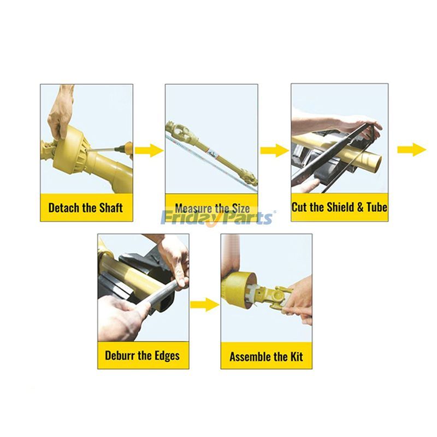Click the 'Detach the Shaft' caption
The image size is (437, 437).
[x=86, y=208]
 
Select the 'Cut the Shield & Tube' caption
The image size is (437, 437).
[x=339, y=208]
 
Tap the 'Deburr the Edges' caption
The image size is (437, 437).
[x=142, y=356]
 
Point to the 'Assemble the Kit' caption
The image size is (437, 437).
[x=266, y=357]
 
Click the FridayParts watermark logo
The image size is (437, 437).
[x=217, y=217]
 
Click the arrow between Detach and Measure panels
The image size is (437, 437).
[x=149, y=151]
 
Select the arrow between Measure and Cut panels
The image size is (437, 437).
[x=275, y=151]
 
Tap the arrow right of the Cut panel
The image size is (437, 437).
[x=412, y=150]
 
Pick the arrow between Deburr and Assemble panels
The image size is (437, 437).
[x=204, y=305]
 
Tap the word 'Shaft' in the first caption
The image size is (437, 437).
[x=111, y=208]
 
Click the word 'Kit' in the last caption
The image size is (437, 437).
[x=297, y=357]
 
